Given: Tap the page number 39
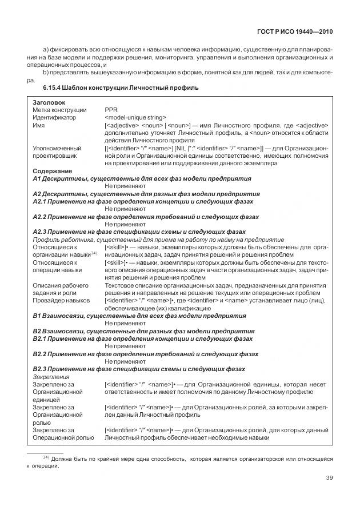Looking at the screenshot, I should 329,477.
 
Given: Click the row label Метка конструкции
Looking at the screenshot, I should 59,110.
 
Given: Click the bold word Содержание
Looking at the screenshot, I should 52,171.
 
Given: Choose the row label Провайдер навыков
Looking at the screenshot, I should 61,300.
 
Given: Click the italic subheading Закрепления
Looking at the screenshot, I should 51,377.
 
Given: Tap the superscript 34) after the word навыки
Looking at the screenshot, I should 95,252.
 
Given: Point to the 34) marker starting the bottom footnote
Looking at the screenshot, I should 47,457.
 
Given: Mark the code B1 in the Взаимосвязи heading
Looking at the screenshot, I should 37,315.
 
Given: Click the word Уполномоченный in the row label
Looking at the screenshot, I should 57,148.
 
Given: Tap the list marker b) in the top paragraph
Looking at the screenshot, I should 46,73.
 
